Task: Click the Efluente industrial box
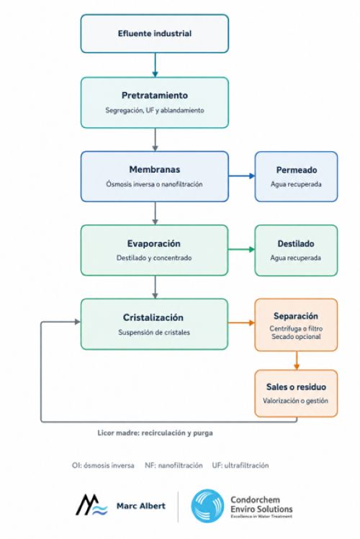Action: pos(155,34)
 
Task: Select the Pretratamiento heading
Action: pos(155,95)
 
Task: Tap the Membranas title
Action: pos(155,169)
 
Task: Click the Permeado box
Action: pos(296,176)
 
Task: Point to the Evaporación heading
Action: pos(153,244)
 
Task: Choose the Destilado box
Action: pos(296,250)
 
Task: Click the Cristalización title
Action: pos(153,317)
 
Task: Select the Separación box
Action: pos(296,325)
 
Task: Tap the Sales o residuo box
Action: pos(296,393)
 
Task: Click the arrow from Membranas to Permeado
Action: pos(242,176)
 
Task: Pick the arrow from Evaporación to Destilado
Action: pos(241,249)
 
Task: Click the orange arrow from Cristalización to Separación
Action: pos(241,323)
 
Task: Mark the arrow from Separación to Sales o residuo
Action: pos(297,361)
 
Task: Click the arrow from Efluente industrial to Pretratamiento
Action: pos(155,65)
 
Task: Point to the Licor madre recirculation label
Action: pos(155,432)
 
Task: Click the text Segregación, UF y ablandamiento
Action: pos(155,110)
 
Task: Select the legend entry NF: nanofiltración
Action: pos(174,466)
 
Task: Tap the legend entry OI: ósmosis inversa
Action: pos(103,466)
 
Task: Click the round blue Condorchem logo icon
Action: pos(207,506)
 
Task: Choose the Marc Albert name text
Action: pos(141,506)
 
